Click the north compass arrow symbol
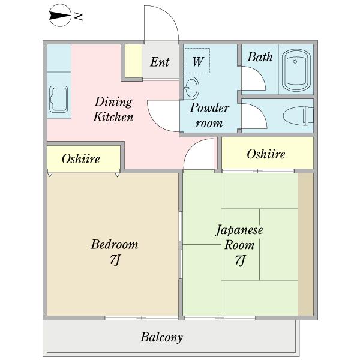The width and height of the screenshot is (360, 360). [x=58, y=16]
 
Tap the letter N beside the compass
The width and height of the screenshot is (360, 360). [x=78, y=16]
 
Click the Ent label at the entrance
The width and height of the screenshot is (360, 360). [x=160, y=62]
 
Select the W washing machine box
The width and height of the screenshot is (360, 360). [x=198, y=61]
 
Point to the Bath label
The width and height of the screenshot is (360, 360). [x=260, y=58]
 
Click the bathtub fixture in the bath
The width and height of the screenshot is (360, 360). [x=297, y=70]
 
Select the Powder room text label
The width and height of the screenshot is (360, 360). [x=210, y=115]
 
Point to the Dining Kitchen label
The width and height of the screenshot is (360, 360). [x=113, y=109]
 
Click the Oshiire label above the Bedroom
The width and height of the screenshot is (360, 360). [x=81, y=159]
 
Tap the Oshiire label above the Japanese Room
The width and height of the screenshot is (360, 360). [x=266, y=154]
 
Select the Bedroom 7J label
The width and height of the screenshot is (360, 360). [x=114, y=252]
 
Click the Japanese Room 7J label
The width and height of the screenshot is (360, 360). [x=239, y=245]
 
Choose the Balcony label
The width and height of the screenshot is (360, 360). [x=162, y=337]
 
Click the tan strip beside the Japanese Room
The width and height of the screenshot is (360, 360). [x=305, y=243]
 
